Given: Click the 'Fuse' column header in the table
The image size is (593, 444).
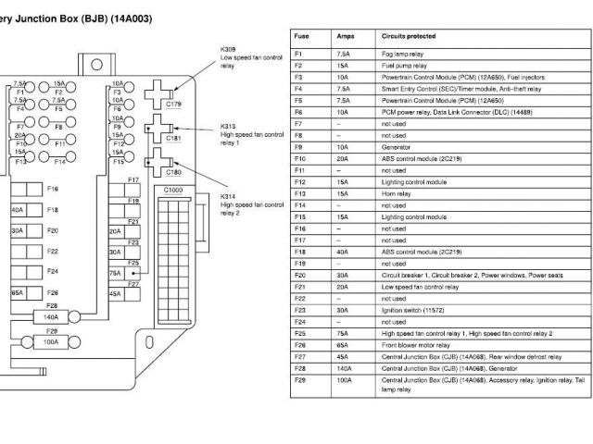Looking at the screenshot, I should [x=301, y=36].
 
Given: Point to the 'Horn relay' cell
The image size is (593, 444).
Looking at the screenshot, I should [x=397, y=193].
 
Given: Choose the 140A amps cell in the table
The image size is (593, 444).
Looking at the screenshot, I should [x=344, y=368].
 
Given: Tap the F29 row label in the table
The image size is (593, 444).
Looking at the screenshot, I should [x=299, y=380].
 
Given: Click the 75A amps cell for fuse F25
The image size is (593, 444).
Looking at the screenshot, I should [x=343, y=333].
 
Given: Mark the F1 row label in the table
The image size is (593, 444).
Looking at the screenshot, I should [x=298, y=55].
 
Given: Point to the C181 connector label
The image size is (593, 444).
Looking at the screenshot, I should [x=173, y=138].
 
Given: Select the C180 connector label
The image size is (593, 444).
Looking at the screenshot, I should [x=173, y=172].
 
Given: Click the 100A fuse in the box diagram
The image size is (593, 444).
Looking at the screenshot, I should [x=51, y=341].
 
